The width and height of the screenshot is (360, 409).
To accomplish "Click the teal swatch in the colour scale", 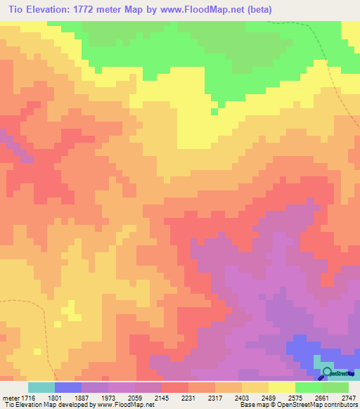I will [41, 387].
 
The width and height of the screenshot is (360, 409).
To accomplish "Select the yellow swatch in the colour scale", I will [282, 387].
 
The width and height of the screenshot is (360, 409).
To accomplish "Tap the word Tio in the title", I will [16, 10].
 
